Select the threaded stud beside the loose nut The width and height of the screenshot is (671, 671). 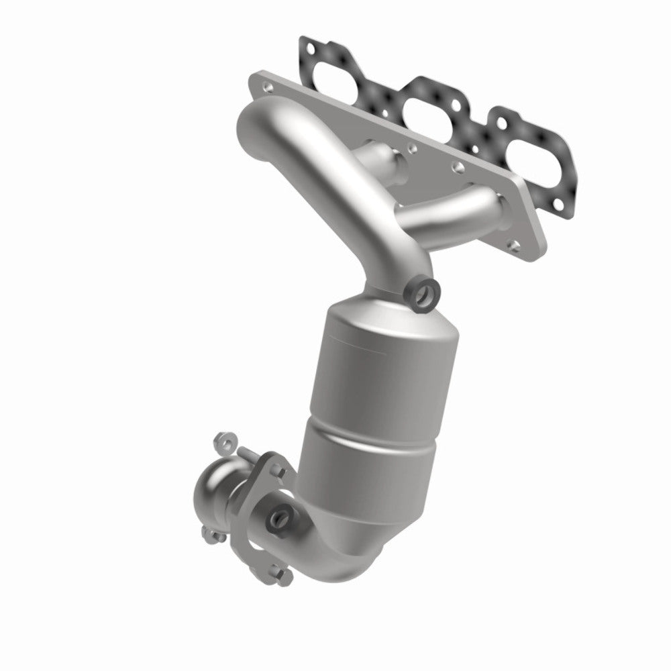[x=249, y=456]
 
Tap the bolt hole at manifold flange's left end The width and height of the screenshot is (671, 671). [x=268, y=87]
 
